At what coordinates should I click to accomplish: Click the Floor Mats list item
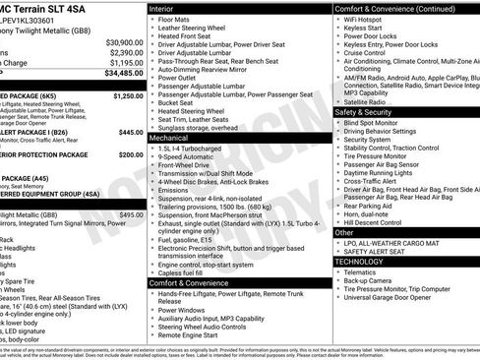click(176, 20)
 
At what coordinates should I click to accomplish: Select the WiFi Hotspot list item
click(367, 20)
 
